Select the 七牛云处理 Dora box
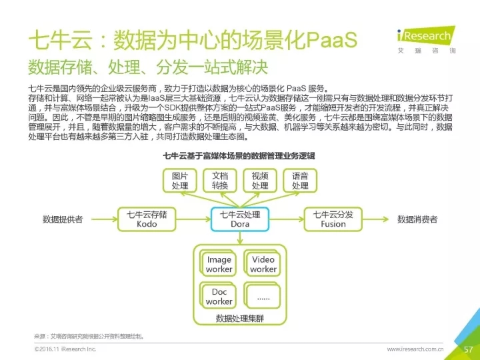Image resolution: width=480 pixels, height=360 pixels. [x=240, y=219]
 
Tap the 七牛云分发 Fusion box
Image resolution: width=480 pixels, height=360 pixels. [x=333, y=219]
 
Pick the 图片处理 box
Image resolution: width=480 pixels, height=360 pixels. [x=180, y=181]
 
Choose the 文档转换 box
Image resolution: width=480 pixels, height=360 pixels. [x=220, y=181]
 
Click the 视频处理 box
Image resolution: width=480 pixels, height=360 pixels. [x=260, y=181]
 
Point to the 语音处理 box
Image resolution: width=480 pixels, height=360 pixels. [x=300, y=181]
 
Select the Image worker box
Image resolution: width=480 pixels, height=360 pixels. [x=219, y=264]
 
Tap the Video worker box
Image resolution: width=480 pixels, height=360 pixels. [x=263, y=264]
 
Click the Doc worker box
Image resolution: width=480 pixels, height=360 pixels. [x=219, y=296]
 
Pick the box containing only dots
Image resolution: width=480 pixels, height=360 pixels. [x=263, y=296]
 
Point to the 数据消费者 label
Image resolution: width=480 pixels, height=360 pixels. [x=417, y=219]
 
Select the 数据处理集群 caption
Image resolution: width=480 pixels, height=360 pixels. [x=240, y=319]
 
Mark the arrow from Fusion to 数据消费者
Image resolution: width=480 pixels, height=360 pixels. [x=377, y=219]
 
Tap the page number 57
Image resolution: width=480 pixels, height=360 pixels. [x=467, y=349]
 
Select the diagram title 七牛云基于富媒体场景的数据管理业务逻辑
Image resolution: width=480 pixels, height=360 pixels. [x=239, y=156]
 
